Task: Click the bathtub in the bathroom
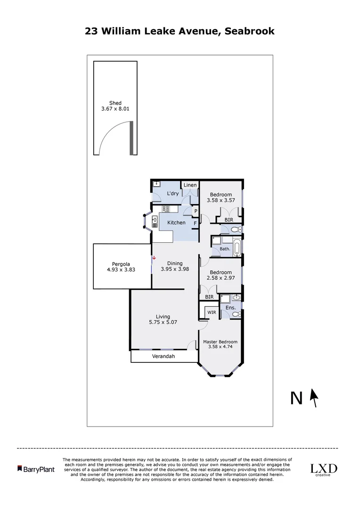(x=237, y=246)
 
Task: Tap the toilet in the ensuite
(x=237, y=314)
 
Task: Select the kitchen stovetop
(x=166, y=209)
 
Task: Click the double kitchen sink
(x=155, y=222)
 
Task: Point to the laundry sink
(x=157, y=184)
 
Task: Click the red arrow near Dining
(x=154, y=258)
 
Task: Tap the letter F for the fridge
(x=195, y=223)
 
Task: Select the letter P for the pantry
(x=195, y=211)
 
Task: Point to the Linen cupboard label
(x=190, y=185)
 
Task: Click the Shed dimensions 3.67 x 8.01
(x=115, y=109)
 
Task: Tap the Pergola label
(x=121, y=264)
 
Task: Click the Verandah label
(x=163, y=356)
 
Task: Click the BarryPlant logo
(x=36, y=469)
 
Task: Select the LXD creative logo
(x=323, y=469)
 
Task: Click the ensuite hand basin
(x=236, y=297)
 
